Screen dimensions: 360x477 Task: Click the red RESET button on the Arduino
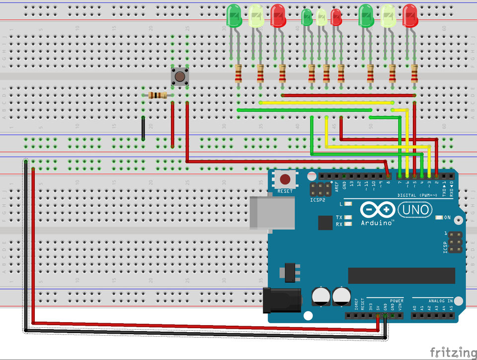[x=285, y=180]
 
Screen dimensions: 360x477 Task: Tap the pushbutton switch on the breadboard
[x=179, y=77]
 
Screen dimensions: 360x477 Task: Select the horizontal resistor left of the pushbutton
[x=157, y=95]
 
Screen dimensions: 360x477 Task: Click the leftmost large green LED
[x=234, y=16]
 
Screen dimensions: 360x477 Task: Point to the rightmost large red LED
[x=410, y=16]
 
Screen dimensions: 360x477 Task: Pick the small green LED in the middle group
[x=307, y=18]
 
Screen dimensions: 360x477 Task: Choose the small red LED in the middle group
[x=336, y=18]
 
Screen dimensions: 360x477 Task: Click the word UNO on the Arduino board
[x=414, y=210]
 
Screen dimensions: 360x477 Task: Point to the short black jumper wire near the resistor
[x=143, y=128]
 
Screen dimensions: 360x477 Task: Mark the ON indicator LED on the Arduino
[x=439, y=218]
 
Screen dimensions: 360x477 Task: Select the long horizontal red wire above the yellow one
[x=348, y=95]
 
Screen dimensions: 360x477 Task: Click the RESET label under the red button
[x=285, y=191]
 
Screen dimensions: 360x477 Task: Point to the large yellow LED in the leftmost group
[x=256, y=16]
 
